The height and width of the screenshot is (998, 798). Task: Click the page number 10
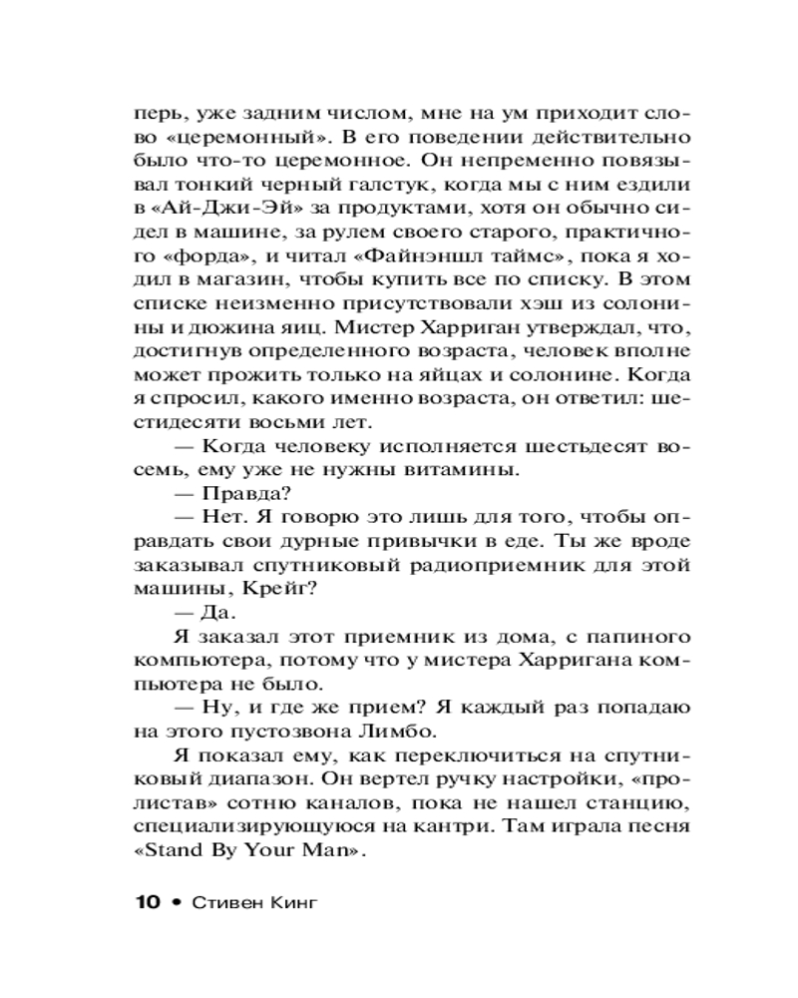click(145, 902)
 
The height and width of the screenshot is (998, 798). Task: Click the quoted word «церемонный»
click(230, 135)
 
